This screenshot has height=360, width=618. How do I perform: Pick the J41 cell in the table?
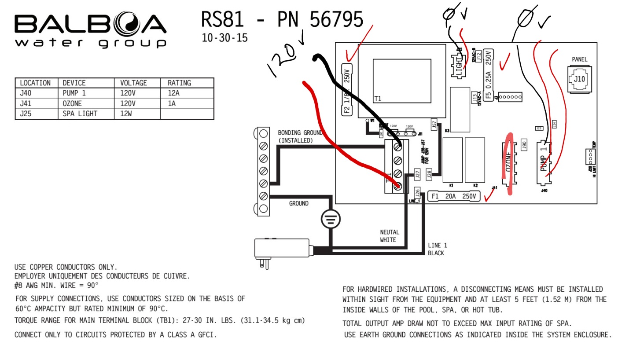(27, 103)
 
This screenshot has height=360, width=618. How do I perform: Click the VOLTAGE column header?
(133, 83)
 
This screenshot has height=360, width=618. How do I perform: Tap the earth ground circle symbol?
(328, 219)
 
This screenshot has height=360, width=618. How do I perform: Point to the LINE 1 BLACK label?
(437, 249)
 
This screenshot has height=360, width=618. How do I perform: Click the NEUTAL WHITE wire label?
(390, 236)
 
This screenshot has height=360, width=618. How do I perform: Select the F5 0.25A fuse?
(488, 80)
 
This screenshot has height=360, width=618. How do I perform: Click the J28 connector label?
(429, 174)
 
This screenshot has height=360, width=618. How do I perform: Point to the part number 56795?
(337, 20)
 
